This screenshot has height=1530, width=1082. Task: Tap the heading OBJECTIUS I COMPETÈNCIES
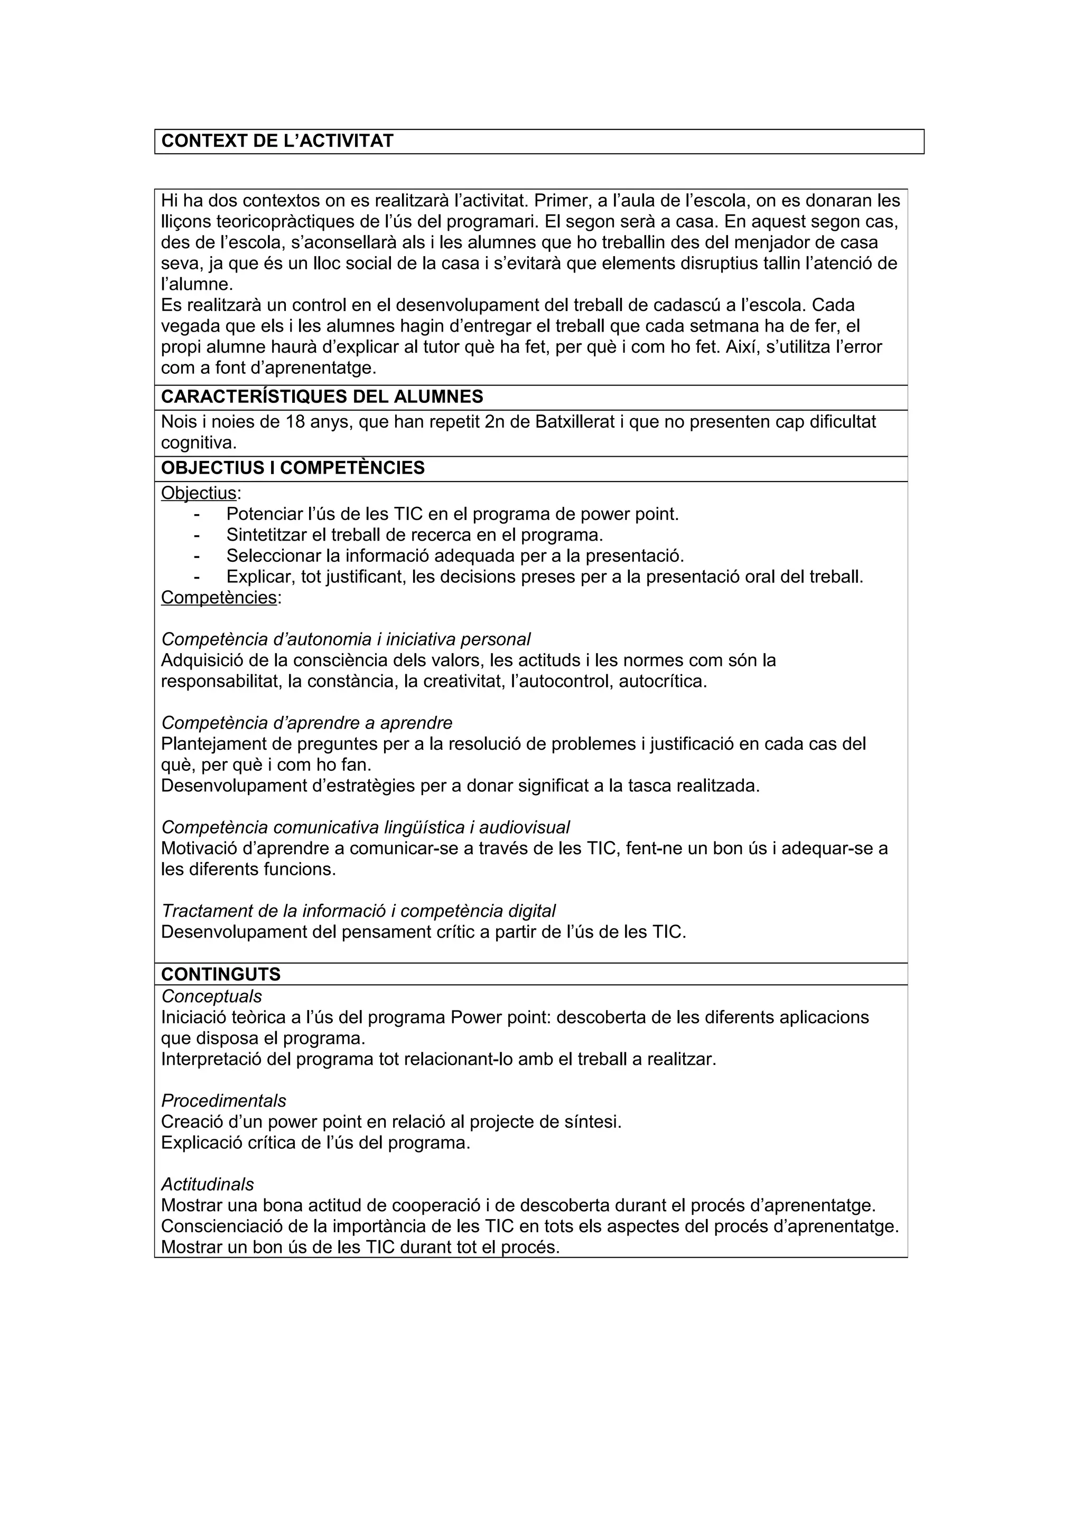[293, 468]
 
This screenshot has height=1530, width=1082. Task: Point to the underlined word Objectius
[199, 493]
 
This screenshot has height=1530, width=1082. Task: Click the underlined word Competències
[219, 598]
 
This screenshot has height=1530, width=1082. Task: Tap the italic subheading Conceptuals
[211, 996]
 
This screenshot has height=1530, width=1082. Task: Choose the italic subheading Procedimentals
[223, 1100]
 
